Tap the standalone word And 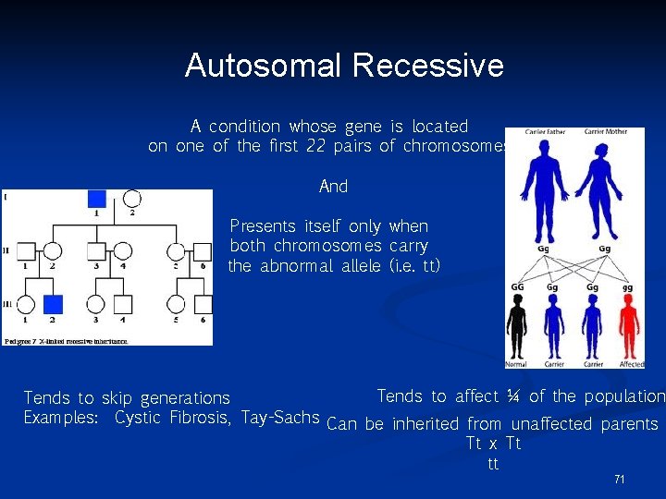click(x=333, y=187)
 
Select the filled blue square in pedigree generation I click(x=97, y=198)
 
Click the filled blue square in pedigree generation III click(x=54, y=303)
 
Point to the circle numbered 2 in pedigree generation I click(x=131, y=198)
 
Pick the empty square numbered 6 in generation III click(x=203, y=303)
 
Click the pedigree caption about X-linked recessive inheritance click(x=67, y=341)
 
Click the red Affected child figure click(x=629, y=329)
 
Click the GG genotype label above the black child click(x=517, y=289)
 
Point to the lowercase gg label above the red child click(x=629, y=289)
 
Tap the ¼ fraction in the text click(x=512, y=396)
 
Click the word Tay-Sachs click(x=280, y=418)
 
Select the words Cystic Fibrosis click(x=173, y=418)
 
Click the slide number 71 click(x=619, y=480)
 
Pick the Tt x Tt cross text click(x=494, y=444)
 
